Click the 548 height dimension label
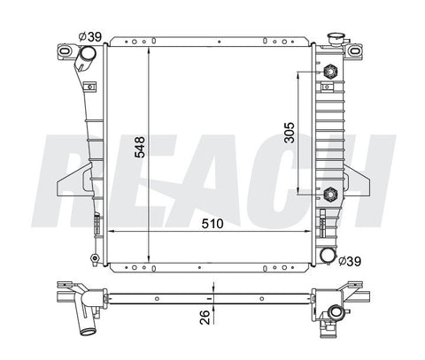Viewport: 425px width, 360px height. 140,147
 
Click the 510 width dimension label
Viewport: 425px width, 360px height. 212,224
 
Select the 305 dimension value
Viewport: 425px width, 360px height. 290,133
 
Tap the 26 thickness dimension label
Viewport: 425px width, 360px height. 205,318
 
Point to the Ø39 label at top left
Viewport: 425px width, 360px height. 90,37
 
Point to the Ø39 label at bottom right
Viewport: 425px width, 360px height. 350,261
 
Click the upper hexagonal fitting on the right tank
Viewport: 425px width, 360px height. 330,72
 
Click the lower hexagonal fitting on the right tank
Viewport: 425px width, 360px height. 330,195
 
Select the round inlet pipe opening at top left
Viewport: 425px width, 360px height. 89,54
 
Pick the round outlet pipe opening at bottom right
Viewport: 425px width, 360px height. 328,255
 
